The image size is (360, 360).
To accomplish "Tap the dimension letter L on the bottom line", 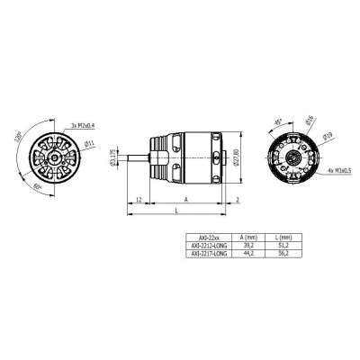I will tap(176, 210).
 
